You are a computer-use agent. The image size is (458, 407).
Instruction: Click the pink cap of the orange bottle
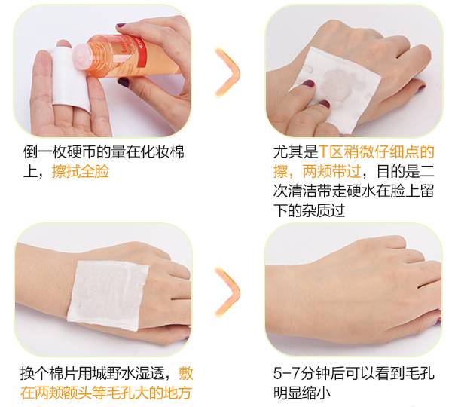tap(82, 56)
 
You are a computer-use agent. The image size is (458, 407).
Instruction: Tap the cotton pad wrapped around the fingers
tap(70, 78)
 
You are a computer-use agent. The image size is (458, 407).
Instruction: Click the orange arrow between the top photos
tap(227, 72)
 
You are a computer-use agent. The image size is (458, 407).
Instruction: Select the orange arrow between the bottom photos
tap(227, 292)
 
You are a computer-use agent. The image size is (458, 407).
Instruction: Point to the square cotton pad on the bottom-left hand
tap(108, 295)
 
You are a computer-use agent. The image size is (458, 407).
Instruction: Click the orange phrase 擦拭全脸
tap(81, 172)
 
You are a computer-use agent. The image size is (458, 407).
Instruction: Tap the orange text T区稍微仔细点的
tap(377, 151)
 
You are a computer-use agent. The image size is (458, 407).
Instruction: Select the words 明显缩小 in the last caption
tap(302, 393)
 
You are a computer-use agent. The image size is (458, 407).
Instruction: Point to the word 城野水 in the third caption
tap(114, 374)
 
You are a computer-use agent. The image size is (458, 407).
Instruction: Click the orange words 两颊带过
tap(331, 171)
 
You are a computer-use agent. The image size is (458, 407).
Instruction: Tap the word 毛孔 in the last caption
tap(420, 374)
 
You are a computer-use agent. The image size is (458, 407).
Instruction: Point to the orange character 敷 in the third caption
tap(186, 374)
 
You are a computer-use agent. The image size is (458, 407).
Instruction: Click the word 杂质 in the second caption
tap(316, 210)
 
